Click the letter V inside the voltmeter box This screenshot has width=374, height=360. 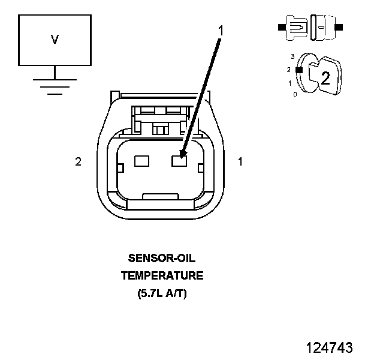(55, 40)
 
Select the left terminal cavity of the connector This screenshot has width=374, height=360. (141, 161)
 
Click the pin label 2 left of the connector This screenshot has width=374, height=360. (78, 161)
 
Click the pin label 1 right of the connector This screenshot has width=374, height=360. (240, 161)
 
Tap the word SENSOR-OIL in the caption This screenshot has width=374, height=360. (162, 259)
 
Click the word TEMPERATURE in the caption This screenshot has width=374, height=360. (162, 276)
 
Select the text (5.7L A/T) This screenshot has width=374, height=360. (162, 294)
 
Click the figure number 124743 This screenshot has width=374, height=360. (329, 347)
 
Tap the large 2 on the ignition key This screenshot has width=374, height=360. (325, 77)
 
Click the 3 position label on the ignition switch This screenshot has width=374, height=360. (292, 56)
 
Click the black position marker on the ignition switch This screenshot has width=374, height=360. (298, 70)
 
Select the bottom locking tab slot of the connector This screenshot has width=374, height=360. (159, 196)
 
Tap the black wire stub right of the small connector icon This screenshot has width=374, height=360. (339, 27)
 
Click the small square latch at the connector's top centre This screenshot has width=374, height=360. (159, 129)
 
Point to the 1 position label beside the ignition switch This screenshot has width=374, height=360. (291, 83)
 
